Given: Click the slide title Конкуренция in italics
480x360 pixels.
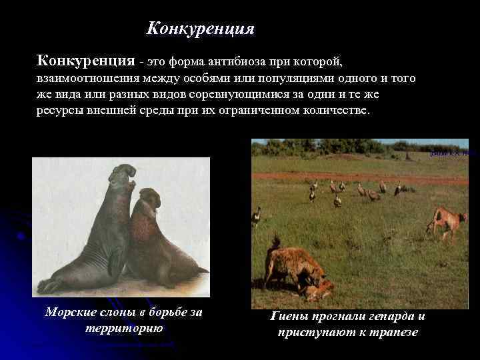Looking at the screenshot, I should pyautogui.click(x=200, y=29).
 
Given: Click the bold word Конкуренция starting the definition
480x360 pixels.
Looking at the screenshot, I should pyautogui.click(x=85, y=61).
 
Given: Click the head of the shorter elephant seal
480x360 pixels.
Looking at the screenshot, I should pyautogui.click(x=149, y=198).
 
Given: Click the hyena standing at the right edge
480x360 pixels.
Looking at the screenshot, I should pyautogui.click(x=447, y=221).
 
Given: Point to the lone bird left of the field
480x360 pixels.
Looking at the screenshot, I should pyautogui.click(x=257, y=215).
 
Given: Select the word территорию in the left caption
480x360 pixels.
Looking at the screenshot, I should pyautogui.click(x=125, y=329).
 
